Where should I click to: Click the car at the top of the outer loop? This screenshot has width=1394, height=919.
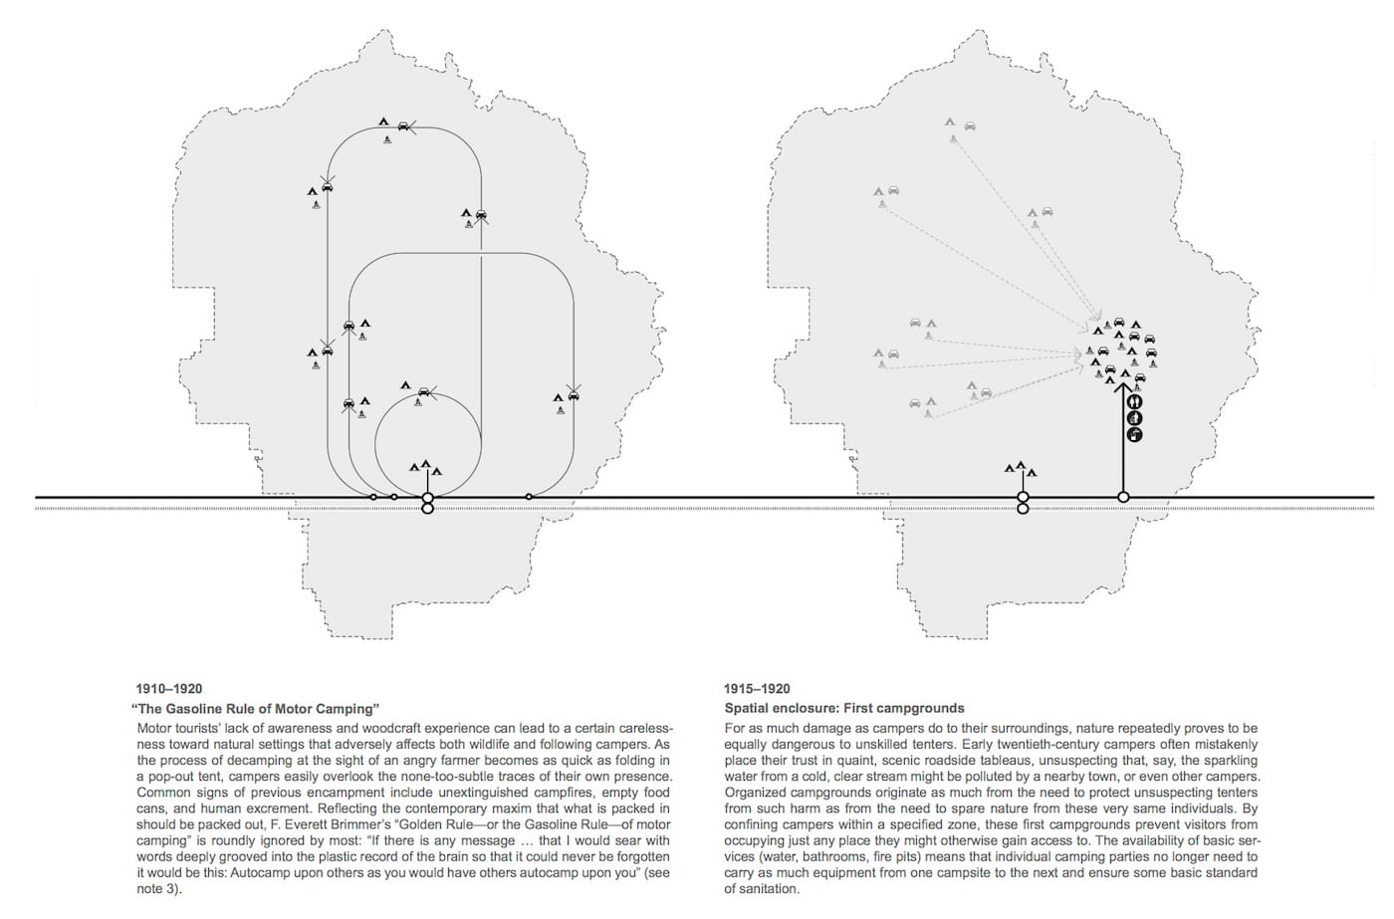(403, 126)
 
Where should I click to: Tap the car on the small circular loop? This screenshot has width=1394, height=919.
(425, 391)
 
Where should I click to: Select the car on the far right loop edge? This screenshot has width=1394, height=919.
(573, 395)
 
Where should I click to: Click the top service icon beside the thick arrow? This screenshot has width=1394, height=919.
(1134, 401)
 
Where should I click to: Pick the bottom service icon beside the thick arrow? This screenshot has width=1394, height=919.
(1134, 434)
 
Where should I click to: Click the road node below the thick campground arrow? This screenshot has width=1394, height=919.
(1124, 497)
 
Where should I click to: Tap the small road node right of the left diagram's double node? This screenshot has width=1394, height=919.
(529, 497)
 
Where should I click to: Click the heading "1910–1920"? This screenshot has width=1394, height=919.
(168, 689)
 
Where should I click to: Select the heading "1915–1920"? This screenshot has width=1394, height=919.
(757, 689)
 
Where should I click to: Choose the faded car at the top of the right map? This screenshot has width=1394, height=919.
(970, 126)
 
